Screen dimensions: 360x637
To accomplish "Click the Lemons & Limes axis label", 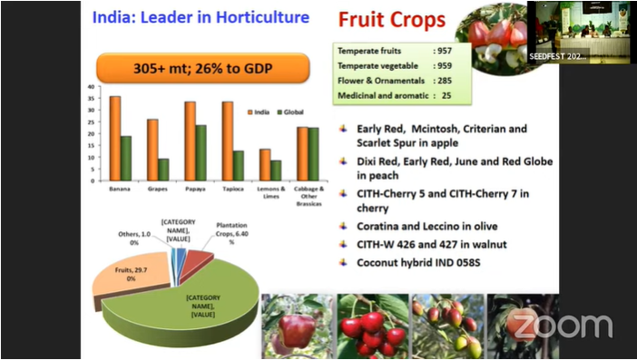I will [x=271, y=191].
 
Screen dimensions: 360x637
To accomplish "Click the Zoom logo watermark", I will [x=559, y=325].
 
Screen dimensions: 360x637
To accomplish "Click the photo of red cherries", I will [x=372, y=326].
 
